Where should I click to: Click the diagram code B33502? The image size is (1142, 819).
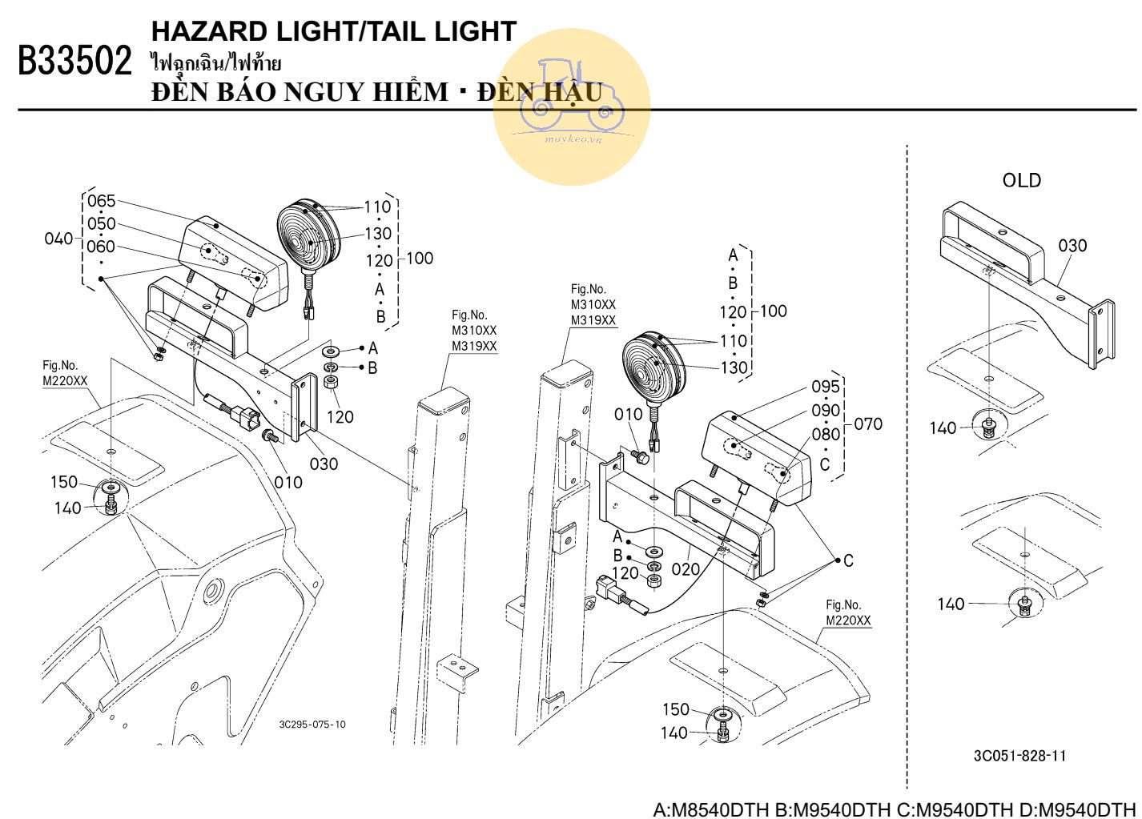click(x=75, y=61)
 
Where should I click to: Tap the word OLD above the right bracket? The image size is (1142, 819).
click(x=1022, y=180)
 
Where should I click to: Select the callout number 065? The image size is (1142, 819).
click(x=102, y=201)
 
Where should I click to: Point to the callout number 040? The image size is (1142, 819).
click(x=58, y=239)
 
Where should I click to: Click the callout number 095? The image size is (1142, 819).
click(x=826, y=387)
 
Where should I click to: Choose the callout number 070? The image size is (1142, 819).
click(x=868, y=424)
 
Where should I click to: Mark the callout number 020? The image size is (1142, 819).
click(x=686, y=569)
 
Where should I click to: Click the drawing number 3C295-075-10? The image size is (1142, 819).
click(x=312, y=725)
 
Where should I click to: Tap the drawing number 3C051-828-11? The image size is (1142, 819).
click(x=1019, y=756)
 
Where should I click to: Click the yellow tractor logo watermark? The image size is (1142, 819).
click(x=572, y=106)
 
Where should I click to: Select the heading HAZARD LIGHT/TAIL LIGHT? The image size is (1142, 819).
click(x=334, y=31)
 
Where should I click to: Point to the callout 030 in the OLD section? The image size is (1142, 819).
click(x=1072, y=246)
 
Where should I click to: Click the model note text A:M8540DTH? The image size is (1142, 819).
click(x=711, y=809)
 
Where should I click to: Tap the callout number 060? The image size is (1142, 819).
click(x=101, y=247)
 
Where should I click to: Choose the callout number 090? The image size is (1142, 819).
click(x=826, y=410)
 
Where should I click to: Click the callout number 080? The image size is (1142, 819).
click(x=826, y=434)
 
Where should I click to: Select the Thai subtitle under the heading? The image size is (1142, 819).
click(x=216, y=63)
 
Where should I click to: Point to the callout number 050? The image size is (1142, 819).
click(x=102, y=223)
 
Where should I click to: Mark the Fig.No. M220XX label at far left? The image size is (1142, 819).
click(x=65, y=374)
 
